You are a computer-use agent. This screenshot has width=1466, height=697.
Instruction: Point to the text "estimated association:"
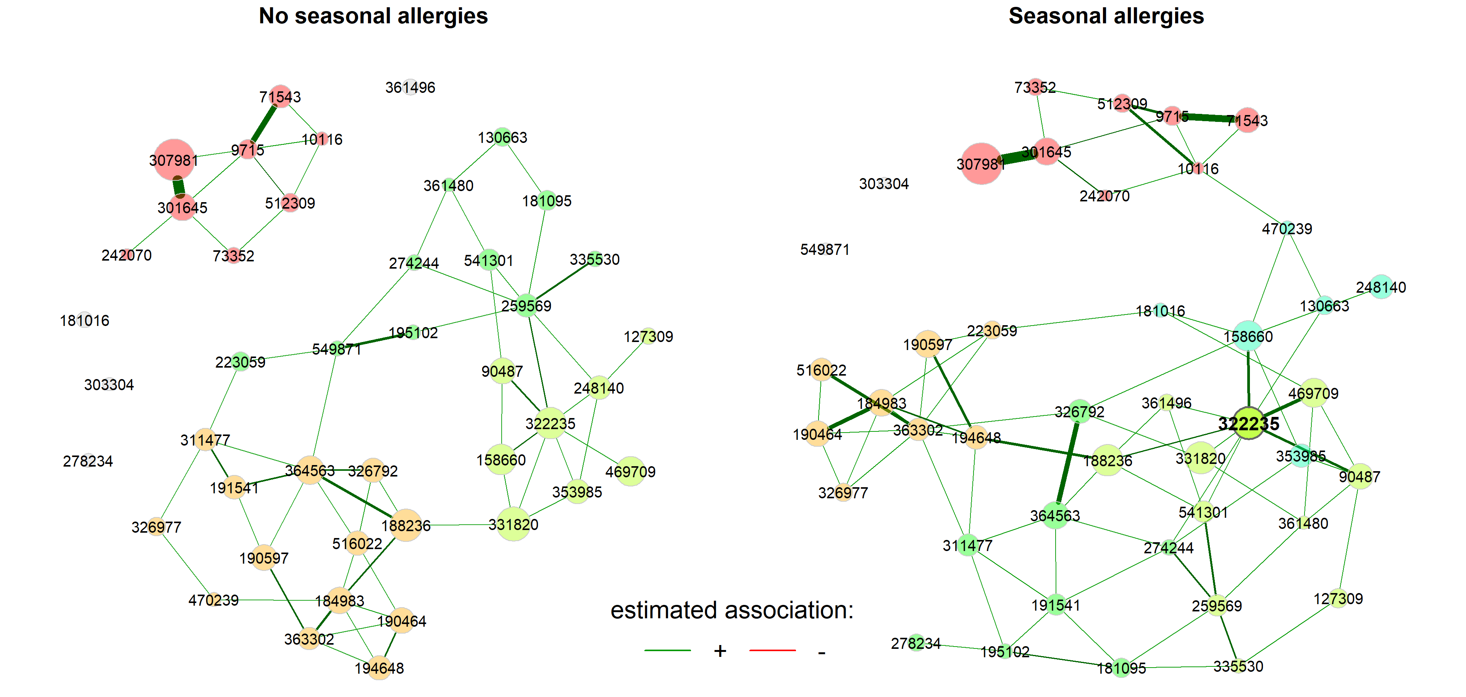point(731,610)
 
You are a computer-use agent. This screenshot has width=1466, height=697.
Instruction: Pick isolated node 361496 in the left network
point(410,87)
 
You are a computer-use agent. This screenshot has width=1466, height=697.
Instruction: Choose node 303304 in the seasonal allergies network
point(884,183)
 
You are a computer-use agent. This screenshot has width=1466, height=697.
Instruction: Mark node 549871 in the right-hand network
point(825,250)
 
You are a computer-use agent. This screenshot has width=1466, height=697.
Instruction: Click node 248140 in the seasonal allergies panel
point(1381,287)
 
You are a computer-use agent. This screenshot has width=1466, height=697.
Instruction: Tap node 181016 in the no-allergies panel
point(85,320)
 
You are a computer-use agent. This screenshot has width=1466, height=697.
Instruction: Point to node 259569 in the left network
point(526,306)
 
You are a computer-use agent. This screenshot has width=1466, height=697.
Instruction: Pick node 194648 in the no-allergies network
point(379,668)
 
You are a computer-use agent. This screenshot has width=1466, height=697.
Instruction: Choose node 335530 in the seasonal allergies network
point(1238,666)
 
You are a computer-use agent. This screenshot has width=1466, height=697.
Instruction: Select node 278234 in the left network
point(88,461)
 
